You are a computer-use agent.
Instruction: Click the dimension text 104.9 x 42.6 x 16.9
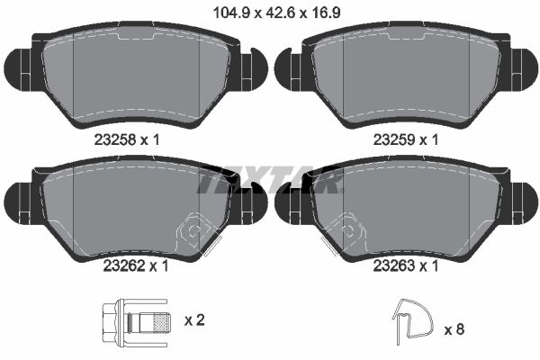click(x=269, y=13)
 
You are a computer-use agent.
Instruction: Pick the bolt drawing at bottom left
click(x=135, y=320)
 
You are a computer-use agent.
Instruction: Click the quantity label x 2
click(x=193, y=320)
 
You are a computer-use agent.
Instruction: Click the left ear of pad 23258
click(x=16, y=67)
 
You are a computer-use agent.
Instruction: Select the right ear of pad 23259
click(x=523, y=67)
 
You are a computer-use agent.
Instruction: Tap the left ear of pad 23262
click(x=16, y=200)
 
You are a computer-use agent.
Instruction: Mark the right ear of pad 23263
click(x=523, y=200)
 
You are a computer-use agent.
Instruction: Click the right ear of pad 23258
click(x=253, y=67)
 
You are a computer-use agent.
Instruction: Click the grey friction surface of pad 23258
click(x=135, y=76)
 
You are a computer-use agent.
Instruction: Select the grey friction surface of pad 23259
click(x=405, y=76)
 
